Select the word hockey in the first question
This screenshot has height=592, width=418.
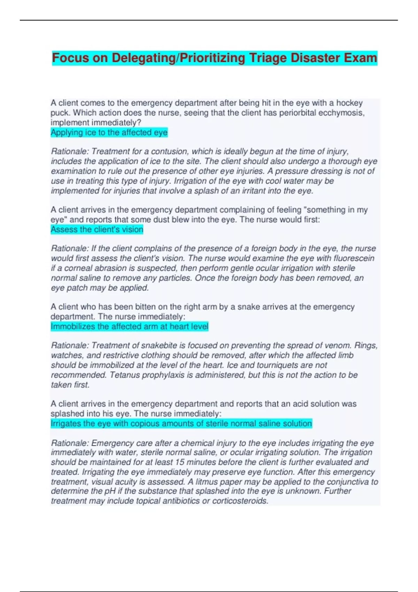349,103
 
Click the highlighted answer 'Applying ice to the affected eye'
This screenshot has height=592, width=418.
109,132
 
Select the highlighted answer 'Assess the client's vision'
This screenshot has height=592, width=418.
97,229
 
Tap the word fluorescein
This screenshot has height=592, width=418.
354,258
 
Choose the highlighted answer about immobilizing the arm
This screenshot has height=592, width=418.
129,327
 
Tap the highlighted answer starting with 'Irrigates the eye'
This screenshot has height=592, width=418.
181,424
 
